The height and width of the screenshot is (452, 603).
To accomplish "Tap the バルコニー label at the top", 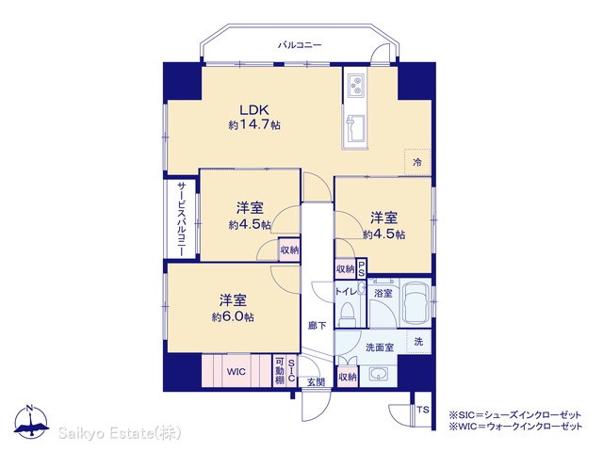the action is coord(300,45).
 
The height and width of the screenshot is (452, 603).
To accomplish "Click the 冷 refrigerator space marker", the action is coord(417,162).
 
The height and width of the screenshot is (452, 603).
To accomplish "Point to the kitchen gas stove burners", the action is coord(357,86).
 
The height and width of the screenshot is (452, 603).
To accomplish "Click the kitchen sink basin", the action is coord(356,128).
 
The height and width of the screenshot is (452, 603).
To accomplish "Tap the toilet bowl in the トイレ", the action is coord(348,313).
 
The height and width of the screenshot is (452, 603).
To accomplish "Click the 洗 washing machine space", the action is coord(418,341).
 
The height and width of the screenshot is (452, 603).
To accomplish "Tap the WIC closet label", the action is coord(236,372).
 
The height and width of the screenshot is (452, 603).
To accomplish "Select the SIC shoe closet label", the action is coord(291,370).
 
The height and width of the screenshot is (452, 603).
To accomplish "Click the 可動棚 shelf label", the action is coord(280,371).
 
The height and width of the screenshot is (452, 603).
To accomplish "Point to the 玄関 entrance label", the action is coord(316,381).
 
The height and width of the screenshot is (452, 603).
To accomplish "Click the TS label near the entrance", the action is coord(423,410).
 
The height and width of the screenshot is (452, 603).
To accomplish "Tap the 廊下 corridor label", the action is coord(318,326).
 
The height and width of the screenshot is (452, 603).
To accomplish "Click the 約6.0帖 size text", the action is coord(233,317).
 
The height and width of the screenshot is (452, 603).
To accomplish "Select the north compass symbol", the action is coord(31,421).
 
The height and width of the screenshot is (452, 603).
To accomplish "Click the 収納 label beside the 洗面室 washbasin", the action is coord(348,378).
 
